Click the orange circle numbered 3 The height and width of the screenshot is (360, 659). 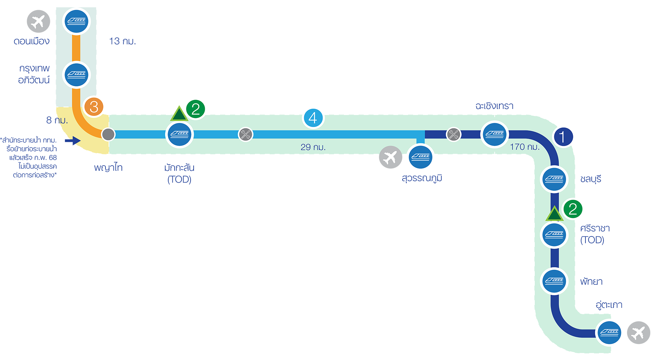(x=94, y=107)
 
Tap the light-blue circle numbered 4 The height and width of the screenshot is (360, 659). (x=313, y=118)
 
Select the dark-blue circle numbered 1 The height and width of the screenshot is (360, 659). (x=563, y=137)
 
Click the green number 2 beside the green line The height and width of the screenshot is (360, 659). (x=196, y=109)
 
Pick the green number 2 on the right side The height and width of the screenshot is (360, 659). (x=573, y=209)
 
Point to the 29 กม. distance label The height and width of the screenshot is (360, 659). (x=313, y=147)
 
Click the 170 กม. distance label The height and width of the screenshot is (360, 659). (x=525, y=147)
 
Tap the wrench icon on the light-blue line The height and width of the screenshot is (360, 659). (x=246, y=134)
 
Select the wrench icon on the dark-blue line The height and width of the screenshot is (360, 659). (x=454, y=134)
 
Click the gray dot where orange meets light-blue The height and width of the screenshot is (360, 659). (x=108, y=134)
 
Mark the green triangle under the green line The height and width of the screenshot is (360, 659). (x=179, y=114)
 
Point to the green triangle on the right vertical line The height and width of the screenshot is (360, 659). (x=554, y=214)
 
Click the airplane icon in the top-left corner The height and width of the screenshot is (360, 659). (x=38, y=22)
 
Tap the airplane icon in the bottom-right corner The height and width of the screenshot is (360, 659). (x=638, y=333)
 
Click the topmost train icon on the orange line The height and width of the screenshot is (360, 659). (x=76, y=21)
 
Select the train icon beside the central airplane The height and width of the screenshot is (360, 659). (x=421, y=157)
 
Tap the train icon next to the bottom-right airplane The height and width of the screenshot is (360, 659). (x=609, y=333)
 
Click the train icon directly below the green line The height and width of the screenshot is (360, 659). (x=179, y=134)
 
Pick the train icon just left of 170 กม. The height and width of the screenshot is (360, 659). (x=495, y=134)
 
